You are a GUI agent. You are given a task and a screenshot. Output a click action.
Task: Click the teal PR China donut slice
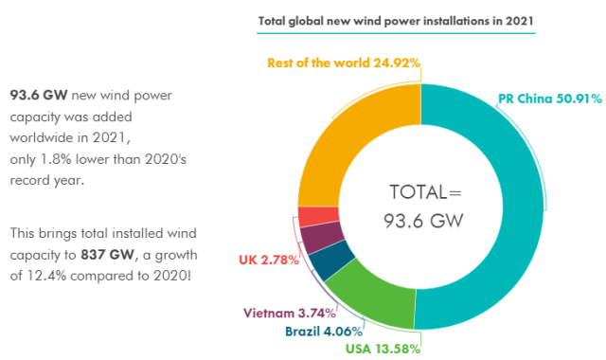(523, 208)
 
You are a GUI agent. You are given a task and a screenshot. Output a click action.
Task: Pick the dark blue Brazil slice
(330, 260)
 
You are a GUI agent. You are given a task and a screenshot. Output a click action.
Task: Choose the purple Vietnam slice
(320, 237)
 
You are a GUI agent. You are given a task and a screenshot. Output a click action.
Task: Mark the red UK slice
(318, 216)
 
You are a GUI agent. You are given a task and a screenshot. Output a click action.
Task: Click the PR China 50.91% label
(550, 99)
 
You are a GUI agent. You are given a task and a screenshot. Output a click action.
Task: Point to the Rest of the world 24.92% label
(344, 63)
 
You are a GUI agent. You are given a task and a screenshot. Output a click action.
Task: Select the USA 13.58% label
(383, 349)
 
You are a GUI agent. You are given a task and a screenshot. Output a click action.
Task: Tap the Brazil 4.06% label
(324, 332)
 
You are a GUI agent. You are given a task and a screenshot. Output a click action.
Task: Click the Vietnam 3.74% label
(290, 313)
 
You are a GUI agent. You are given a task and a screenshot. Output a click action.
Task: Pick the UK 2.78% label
(269, 260)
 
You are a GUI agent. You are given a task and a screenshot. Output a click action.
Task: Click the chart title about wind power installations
(396, 21)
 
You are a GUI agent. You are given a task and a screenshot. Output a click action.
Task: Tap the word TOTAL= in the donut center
(425, 192)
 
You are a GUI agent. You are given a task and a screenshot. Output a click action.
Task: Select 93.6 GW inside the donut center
(423, 221)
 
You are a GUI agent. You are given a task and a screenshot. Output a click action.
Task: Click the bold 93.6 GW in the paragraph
(39, 95)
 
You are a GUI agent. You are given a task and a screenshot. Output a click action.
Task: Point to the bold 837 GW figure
(107, 255)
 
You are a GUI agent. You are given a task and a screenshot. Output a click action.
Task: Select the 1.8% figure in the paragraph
(56, 159)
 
